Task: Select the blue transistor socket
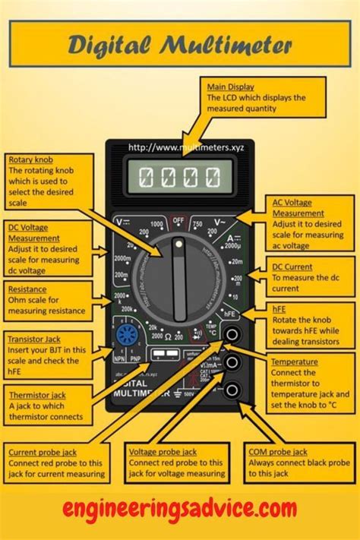pyautogui.click(x=126, y=335)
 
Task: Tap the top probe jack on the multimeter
pyautogui.click(x=233, y=334)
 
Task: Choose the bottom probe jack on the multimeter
pyautogui.click(x=233, y=390)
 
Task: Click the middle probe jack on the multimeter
pyautogui.click(x=233, y=362)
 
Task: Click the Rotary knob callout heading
pyautogui.click(x=30, y=160)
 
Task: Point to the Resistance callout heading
pyautogui.click(x=27, y=289)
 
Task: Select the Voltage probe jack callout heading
pyautogui.click(x=163, y=452)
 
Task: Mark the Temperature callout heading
pyautogui.click(x=293, y=362)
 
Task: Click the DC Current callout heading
pyautogui.click(x=292, y=268)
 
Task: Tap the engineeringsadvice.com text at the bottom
pyautogui.click(x=179, y=507)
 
